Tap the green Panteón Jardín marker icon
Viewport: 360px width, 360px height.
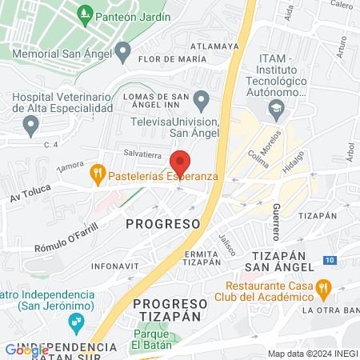[84, 15]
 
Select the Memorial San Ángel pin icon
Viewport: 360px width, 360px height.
[122, 53]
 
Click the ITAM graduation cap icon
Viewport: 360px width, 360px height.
[276, 106]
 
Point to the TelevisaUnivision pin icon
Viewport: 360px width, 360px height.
[202, 100]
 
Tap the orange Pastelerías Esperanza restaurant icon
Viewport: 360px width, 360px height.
[98, 171]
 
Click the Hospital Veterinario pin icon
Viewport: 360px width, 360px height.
[31, 125]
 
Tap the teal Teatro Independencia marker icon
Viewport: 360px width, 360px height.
[77, 323]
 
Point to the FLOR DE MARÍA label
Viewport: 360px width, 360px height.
[166, 59]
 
